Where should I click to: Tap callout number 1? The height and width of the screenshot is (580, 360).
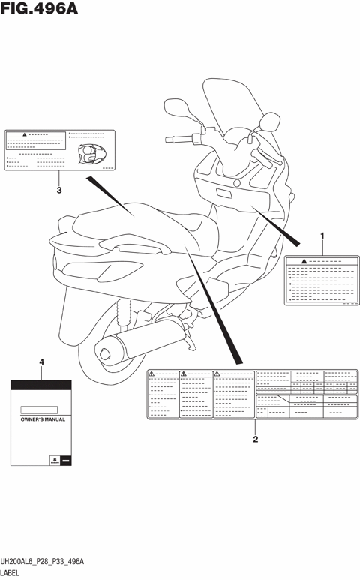(x=323, y=236)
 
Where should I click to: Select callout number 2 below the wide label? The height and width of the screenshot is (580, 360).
(x=256, y=440)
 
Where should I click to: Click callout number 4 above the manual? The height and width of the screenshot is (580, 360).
(x=42, y=362)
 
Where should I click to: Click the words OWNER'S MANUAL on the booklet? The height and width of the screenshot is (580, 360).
(x=42, y=420)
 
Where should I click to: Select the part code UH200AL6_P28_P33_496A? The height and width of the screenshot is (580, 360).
(x=42, y=561)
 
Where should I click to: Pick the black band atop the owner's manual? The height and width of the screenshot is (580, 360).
(x=42, y=385)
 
